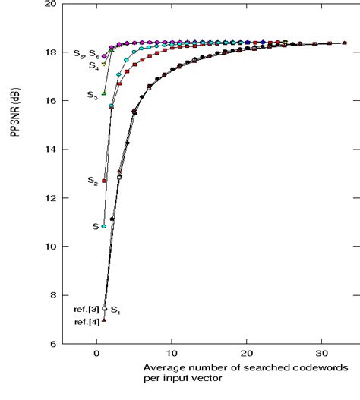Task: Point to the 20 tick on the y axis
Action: (x=50, y=4)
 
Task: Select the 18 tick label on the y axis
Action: (x=50, y=52)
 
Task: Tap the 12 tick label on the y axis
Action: (x=50, y=198)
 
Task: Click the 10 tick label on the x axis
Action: (x=172, y=354)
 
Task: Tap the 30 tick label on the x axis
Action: (x=321, y=354)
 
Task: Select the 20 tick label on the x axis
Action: (x=247, y=354)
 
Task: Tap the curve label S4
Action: (x=93, y=66)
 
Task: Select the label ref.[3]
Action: (x=85, y=310)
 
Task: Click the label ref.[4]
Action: (x=85, y=323)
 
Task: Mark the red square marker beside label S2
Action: (x=104, y=181)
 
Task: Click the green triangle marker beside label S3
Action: (x=104, y=93)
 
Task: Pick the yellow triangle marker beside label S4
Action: (x=104, y=64)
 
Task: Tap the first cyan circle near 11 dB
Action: (x=104, y=226)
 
